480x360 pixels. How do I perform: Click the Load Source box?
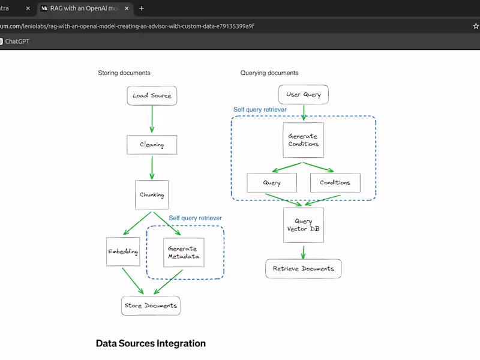tap(152, 95)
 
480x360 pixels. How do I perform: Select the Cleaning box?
tap(152, 145)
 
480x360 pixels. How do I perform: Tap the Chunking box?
tap(152, 195)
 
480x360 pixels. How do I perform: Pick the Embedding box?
tap(123, 252)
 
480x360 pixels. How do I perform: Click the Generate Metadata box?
tap(184, 253)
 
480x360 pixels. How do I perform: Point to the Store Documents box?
tap(151, 305)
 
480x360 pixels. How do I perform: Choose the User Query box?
tap(304, 94)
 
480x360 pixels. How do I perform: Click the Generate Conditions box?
tap(303, 140)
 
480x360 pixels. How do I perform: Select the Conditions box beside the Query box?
tap(335, 182)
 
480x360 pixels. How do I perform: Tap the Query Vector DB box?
tap(303, 226)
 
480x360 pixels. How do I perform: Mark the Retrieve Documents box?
tap(303, 269)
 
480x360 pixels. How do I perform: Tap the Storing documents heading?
tap(124, 73)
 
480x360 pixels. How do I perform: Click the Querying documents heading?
tap(269, 73)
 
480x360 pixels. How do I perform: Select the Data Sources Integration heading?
tap(151, 344)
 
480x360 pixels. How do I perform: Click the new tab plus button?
tap(142, 8)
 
